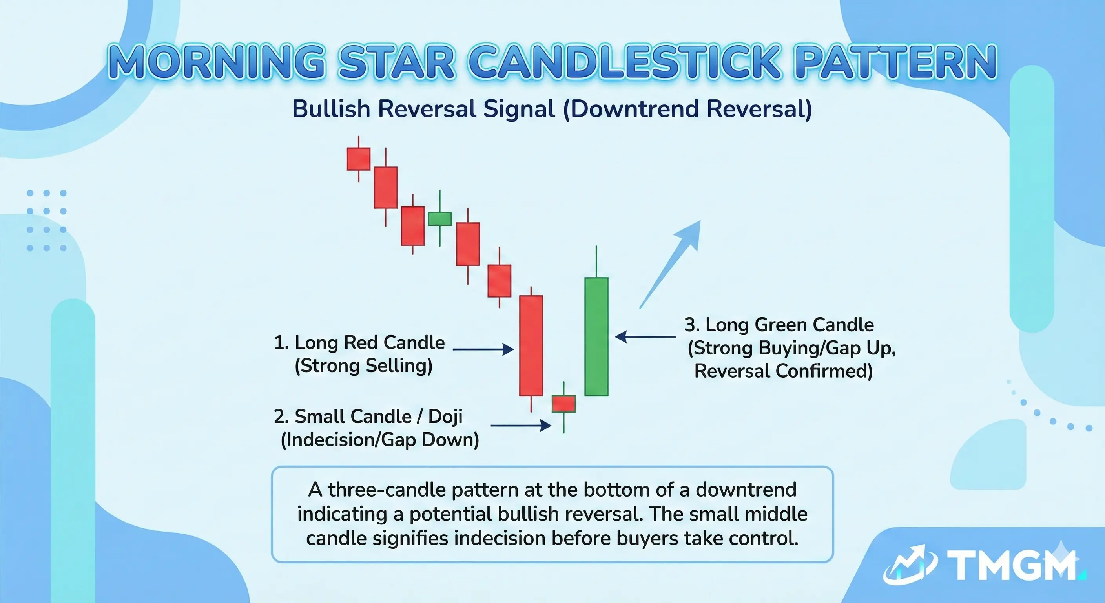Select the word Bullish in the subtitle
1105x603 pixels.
coord(331,109)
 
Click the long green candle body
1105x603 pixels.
coord(596,336)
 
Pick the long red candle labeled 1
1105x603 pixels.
coord(531,345)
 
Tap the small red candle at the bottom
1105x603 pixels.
coord(563,404)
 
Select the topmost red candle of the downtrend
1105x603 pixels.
coord(359,159)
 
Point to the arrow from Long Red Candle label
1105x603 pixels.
coord(483,349)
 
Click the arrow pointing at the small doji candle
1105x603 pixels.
coord(520,425)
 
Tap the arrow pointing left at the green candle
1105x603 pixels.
coord(645,336)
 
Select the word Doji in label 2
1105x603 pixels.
coord(445,416)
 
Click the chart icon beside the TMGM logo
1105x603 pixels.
coord(910,565)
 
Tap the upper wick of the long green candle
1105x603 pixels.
coord(596,262)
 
